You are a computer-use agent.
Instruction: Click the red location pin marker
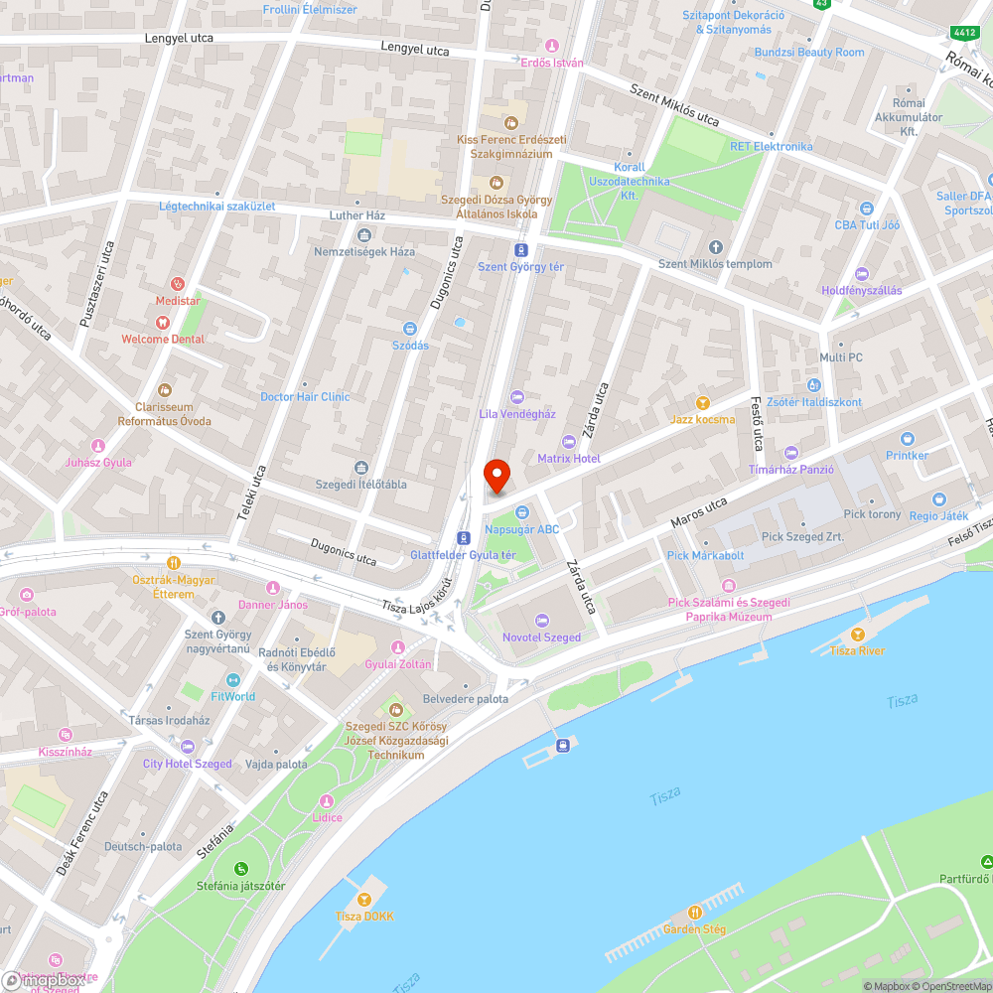pyautogui.click(x=496, y=476)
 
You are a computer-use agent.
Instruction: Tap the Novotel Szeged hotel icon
pyautogui.click(x=541, y=621)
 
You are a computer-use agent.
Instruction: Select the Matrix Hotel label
pyautogui.click(x=569, y=459)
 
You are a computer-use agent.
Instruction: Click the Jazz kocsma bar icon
pyautogui.click(x=703, y=403)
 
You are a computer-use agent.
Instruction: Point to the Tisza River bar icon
pyautogui.click(x=858, y=635)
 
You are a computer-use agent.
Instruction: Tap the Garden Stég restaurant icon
pyautogui.click(x=695, y=913)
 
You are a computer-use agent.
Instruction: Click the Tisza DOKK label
pyautogui.click(x=364, y=916)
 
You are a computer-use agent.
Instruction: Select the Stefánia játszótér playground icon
pyautogui.click(x=239, y=869)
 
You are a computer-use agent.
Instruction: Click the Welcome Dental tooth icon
pyautogui.click(x=163, y=322)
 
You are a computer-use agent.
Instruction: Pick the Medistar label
pyautogui.click(x=178, y=301)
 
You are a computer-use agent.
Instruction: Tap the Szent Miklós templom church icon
pyautogui.click(x=716, y=247)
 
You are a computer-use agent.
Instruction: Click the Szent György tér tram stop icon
pyautogui.click(x=520, y=250)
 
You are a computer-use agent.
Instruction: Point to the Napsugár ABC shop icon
pyautogui.click(x=520, y=512)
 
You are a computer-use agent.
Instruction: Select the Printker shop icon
pyautogui.click(x=907, y=439)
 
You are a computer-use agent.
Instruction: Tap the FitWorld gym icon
pyautogui.click(x=233, y=680)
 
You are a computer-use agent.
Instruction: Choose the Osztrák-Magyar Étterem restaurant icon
pyautogui.click(x=173, y=562)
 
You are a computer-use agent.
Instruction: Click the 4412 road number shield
pyautogui.click(x=964, y=33)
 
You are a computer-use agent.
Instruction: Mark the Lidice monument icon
pyautogui.click(x=326, y=801)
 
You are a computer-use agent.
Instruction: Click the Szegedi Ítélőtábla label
pyautogui.click(x=360, y=484)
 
